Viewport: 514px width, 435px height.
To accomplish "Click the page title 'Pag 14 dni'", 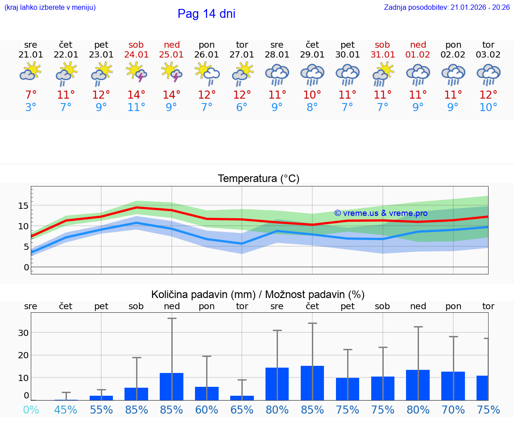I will (206, 14).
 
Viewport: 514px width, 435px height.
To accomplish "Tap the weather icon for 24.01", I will (137, 72).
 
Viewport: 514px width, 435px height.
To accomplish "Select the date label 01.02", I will (418, 55).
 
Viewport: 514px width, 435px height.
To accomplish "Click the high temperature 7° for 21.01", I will (31, 95).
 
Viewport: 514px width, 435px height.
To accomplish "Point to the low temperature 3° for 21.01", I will (31, 108).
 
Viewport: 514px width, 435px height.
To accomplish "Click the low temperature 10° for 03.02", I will (488, 108).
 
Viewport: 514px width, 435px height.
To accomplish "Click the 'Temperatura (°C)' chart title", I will (258, 179).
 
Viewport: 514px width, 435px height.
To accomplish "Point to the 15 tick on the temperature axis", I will (23, 206).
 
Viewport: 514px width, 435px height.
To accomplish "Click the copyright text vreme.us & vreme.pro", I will (381, 213).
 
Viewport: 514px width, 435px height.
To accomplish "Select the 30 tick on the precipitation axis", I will (23, 333).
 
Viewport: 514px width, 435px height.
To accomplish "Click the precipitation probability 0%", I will (31, 410).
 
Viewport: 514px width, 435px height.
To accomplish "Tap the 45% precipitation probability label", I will (66, 410).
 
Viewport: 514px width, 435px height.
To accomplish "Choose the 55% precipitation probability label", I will (101, 410).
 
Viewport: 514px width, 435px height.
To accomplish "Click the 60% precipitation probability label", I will (207, 410).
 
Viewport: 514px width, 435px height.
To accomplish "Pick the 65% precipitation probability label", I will (242, 410).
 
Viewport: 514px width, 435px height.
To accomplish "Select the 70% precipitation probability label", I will (453, 410).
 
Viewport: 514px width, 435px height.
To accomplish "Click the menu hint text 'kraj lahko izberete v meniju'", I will (50, 7).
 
